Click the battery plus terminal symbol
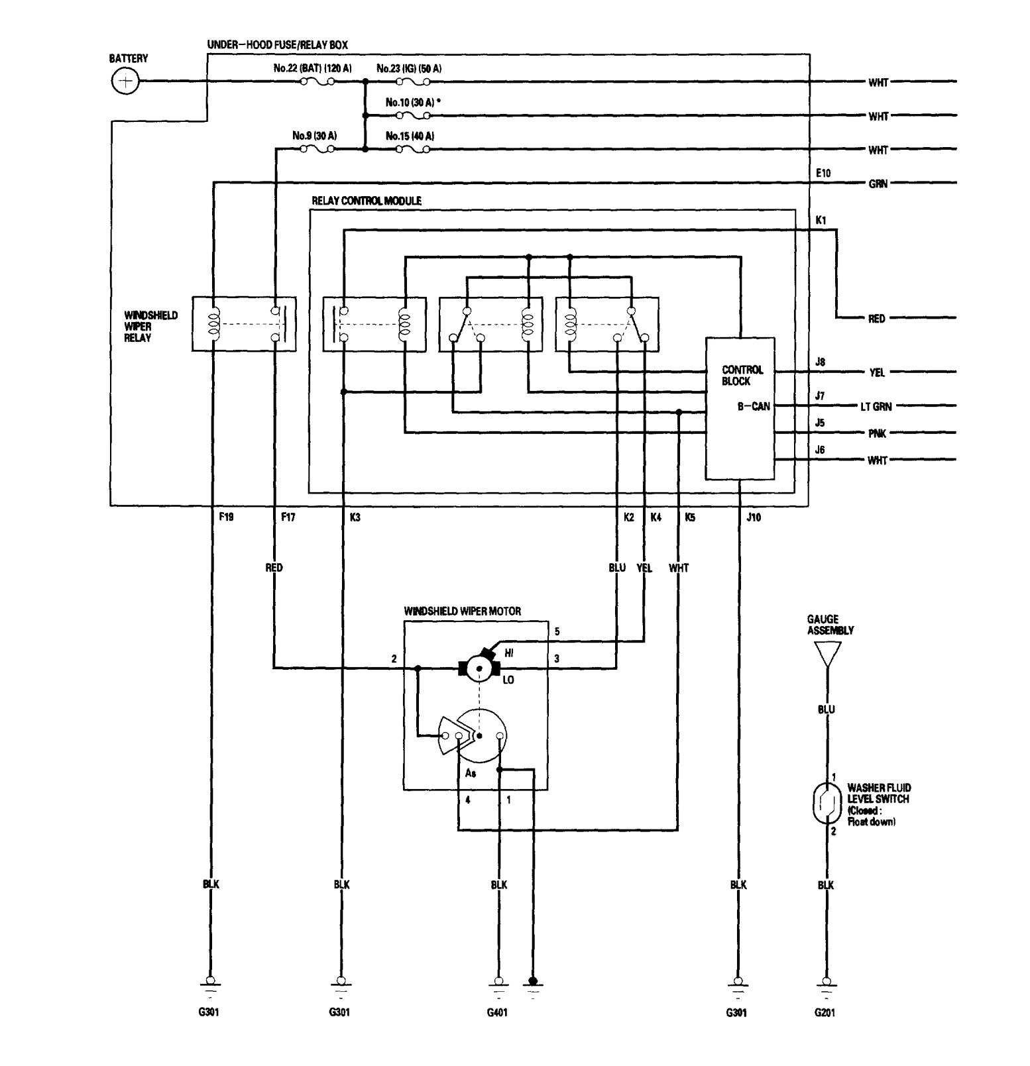tap(124, 82)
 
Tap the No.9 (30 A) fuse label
tap(314, 136)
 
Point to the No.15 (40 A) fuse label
tap(410, 136)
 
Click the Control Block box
tap(740, 408)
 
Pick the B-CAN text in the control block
tap(754, 406)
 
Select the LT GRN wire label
tap(875, 406)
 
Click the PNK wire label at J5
tap(876, 434)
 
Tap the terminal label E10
tap(823, 173)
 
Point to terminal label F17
tap(288, 517)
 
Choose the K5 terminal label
tap(690, 517)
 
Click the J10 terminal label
tap(754, 517)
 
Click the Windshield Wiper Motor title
tap(462, 611)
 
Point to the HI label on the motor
tap(509, 653)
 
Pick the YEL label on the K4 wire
tap(644, 568)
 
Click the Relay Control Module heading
tap(366, 201)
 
